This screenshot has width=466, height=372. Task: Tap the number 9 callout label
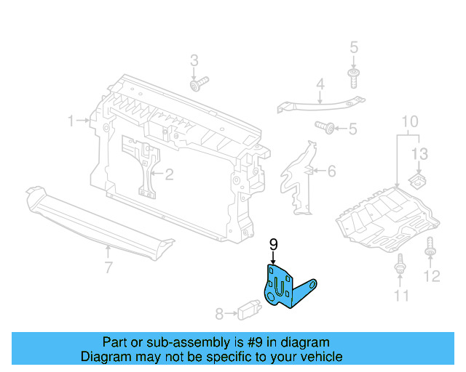[x=274, y=245]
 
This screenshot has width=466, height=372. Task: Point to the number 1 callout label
[x=71, y=121]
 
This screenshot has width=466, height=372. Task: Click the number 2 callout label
[x=169, y=174]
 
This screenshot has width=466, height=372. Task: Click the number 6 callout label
[x=331, y=171]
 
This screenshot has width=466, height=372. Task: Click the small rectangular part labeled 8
[x=246, y=312]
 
